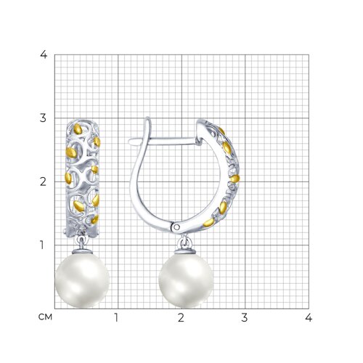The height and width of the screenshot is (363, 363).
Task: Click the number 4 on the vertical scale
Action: tap(44, 55)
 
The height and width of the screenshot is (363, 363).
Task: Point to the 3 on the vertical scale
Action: tap(43, 118)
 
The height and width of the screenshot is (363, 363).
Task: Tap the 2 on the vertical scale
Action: tap(43, 181)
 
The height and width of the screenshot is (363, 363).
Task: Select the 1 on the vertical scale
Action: tap(42, 245)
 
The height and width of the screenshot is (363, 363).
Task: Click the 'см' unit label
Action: tap(45, 317)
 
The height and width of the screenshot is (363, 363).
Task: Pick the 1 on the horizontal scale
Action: tap(116, 318)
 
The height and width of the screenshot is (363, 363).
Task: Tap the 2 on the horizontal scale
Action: tap(181, 318)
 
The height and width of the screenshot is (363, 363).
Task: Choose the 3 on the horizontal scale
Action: tap(245, 318)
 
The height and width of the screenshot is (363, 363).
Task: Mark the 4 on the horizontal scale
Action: tap(309, 318)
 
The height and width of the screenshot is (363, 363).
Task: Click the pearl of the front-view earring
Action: tap(83, 280)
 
